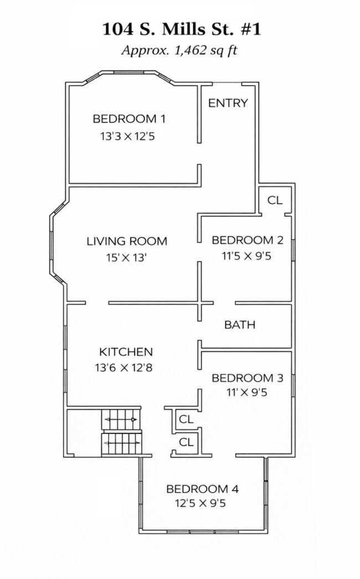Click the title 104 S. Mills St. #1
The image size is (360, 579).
[181, 29]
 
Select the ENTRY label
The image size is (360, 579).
[228, 103]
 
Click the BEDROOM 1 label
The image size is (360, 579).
[129, 119]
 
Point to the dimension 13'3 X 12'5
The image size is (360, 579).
[127, 136]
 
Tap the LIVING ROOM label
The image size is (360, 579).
[127, 241]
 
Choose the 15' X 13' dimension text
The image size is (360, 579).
[126, 257]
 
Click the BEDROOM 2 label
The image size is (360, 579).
[247, 240]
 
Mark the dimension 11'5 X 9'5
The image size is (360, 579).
[246, 256]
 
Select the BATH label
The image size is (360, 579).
[239, 325]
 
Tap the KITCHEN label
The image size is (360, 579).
[126, 352]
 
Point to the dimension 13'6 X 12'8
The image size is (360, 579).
[124, 368]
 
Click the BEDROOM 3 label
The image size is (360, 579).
[247, 378]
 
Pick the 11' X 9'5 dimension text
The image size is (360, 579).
[247, 392]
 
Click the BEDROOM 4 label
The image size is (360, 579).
[202, 489]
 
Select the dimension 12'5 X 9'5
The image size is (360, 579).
[200, 503]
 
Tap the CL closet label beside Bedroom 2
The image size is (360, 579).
[275, 200]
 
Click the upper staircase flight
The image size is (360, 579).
[121, 420]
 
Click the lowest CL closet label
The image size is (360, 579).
[186, 442]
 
